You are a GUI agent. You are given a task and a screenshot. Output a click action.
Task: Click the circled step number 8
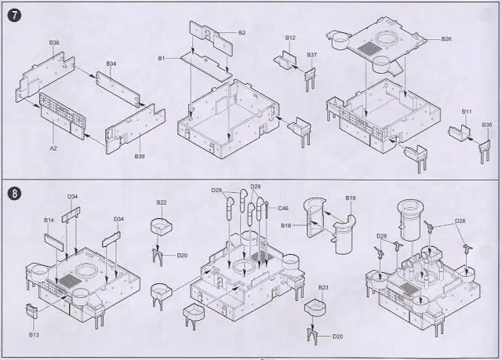(x=13, y=192)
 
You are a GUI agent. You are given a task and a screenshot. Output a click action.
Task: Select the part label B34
(x=111, y=64)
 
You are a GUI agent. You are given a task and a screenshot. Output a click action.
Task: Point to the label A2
(x=53, y=147)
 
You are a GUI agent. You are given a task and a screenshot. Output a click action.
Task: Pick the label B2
(x=242, y=32)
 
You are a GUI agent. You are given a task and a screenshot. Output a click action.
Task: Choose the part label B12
(x=290, y=38)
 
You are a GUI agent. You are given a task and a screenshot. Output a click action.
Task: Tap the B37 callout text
(x=311, y=55)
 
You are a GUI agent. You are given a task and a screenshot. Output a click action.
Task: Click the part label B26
(x=446, y=39)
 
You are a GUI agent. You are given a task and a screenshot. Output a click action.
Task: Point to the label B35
(x=487, y=124)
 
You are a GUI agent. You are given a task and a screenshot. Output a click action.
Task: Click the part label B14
(x=49, y=220)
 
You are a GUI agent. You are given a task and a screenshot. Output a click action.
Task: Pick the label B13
(x=34, y=334)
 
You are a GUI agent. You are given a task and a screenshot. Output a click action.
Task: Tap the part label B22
(x=161, y=202)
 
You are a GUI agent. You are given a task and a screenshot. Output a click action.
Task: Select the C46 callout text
(x=282, y=208)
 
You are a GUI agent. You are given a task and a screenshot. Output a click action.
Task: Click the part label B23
(x=322, y=288)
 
